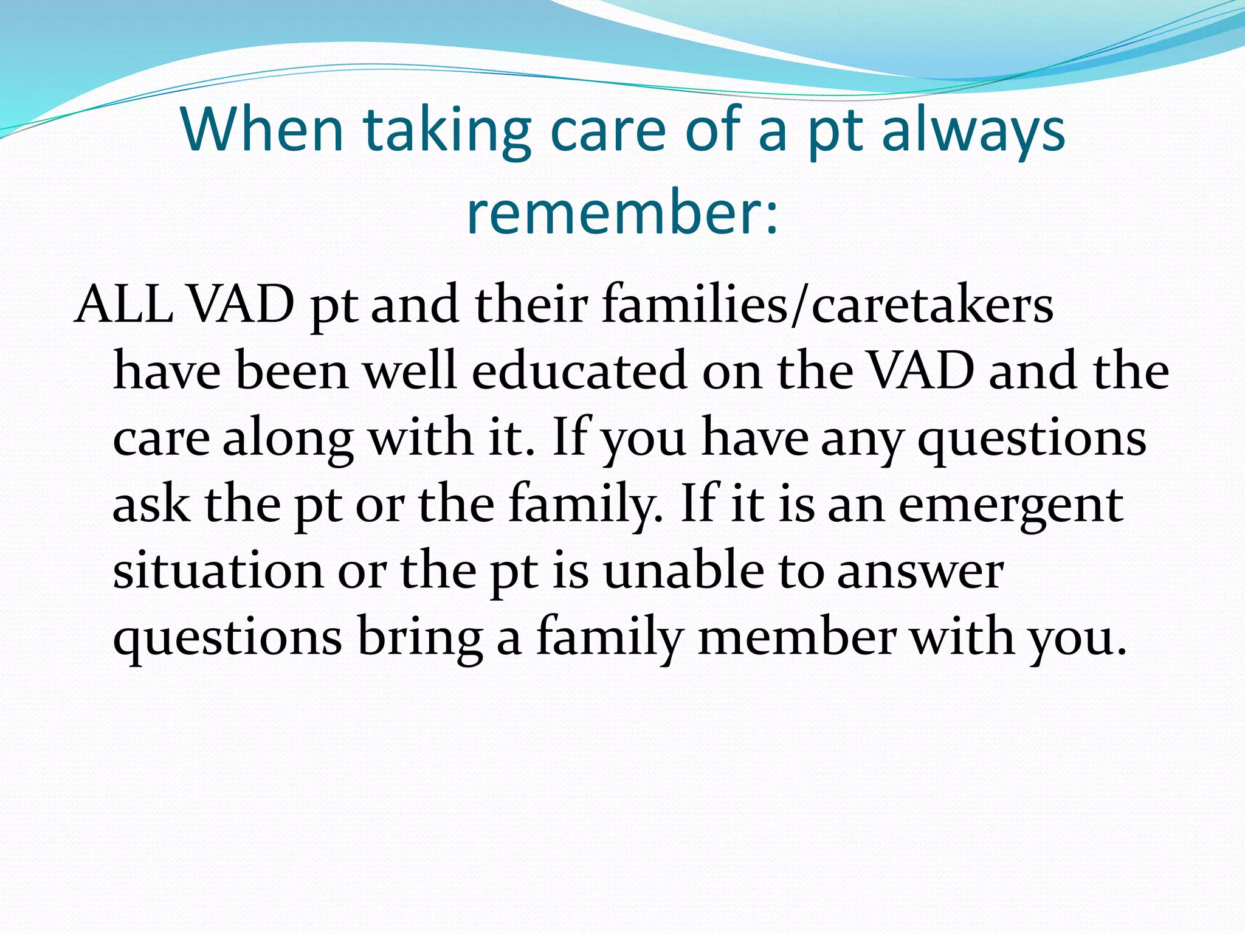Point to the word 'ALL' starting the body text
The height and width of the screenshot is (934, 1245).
pos(123,304)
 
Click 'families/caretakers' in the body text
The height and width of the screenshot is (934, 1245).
pos(827,304)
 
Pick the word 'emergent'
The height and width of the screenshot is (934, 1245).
pos(1010,505)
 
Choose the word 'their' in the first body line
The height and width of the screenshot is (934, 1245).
pos(530,304)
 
